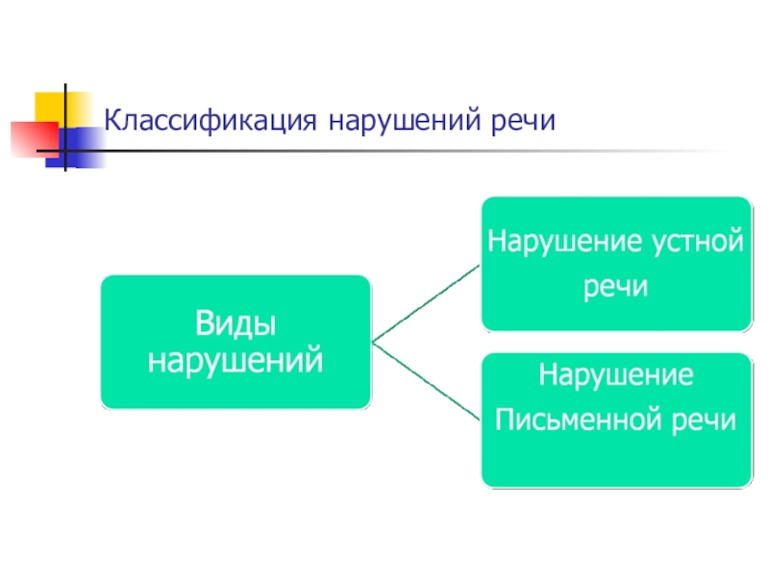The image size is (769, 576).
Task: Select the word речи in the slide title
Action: [x=522, y=122]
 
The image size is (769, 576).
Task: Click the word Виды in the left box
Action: [x=236, y=324]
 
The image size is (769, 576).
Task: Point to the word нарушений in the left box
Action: [x=236, y=361]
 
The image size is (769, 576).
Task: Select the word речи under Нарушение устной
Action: [x=615, y=287]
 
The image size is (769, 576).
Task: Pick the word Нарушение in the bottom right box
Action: [x=615, y=373]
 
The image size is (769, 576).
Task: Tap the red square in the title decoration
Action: [x=29, y=137]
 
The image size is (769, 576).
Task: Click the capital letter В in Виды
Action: [x=206, y=324]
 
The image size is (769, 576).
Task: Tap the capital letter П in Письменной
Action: [x=503, y=420]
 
